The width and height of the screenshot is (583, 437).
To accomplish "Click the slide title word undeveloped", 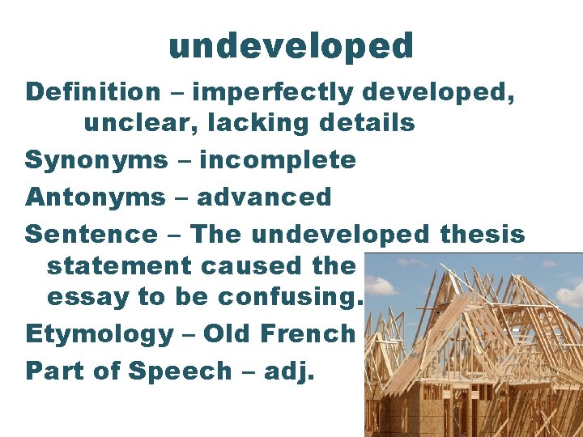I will [x=291, y=47].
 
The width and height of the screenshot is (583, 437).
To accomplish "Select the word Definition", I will [x=93, y=92].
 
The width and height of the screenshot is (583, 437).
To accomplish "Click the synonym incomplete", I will [x=278, y=160].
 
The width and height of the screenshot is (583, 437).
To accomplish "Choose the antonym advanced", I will [x=264, y=197].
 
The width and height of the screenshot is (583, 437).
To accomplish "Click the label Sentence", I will [x=91, y=235].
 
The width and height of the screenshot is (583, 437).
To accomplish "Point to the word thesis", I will [x=483, y=235].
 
